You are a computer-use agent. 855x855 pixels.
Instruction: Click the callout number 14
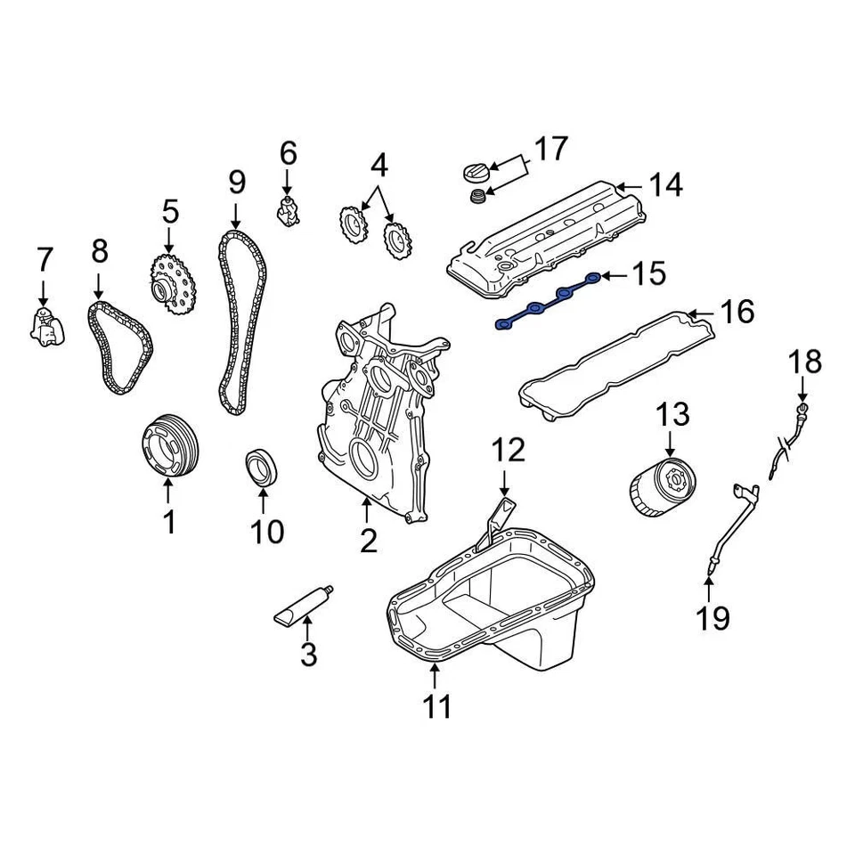[664, 186]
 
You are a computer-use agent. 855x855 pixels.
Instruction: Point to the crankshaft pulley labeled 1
[171, 445]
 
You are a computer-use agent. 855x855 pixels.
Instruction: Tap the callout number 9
[236, 182]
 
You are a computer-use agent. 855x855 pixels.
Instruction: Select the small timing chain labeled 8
[120, 348]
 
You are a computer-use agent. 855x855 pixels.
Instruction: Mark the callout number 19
[712, 617]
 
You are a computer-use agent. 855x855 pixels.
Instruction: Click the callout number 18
[803, 362]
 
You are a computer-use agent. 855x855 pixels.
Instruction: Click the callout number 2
[368, 540]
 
